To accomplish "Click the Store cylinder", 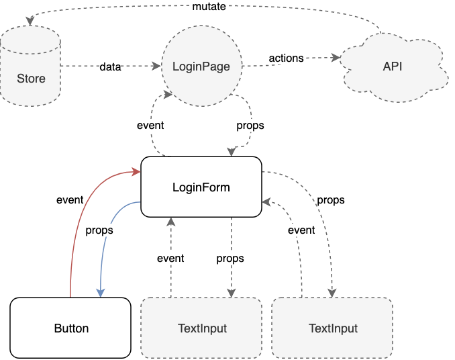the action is (30, 66).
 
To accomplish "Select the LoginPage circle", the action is (201, 66).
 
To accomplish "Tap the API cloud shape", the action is (393, 67).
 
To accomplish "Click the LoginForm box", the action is (201, 187).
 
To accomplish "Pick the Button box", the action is (70, 328).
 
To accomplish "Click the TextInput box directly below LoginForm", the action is (201, 328).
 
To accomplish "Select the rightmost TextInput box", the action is (333, 328).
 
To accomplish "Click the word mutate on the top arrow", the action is (209, 7).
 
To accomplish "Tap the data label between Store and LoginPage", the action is (110, 66).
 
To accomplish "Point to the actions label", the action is (286, 58).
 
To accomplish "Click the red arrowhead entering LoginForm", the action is (136, 171).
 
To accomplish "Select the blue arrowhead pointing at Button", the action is (101, 293).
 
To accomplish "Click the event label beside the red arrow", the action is (70, 199).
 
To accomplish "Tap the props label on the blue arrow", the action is (99, 230).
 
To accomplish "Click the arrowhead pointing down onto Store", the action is (30, 21).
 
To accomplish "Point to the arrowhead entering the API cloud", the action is (336, 58).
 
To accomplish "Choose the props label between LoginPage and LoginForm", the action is (250, 126).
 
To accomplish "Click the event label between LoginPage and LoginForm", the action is (150, 125).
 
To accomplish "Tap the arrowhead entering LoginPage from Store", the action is (156, 66).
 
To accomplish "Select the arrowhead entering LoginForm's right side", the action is (266, 201).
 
